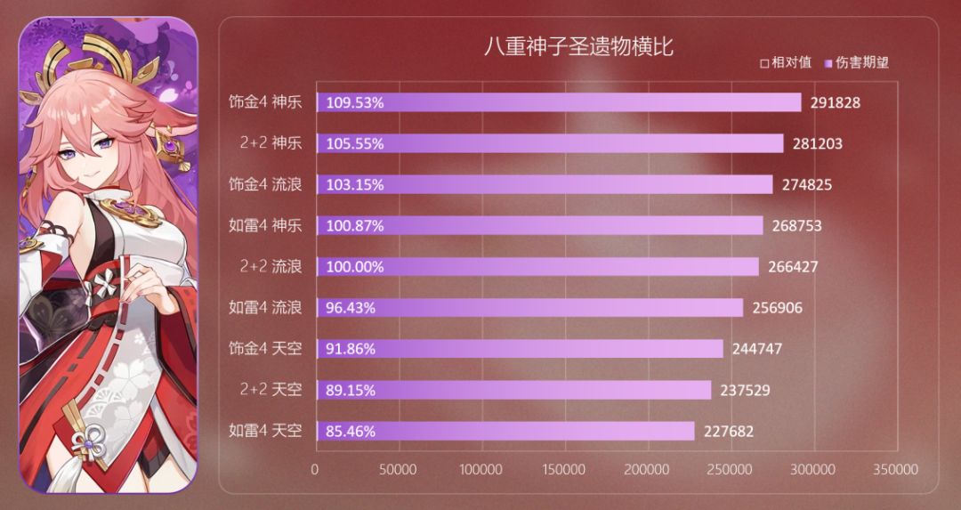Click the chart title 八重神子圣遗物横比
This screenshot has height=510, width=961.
pyautogui.click(x=578, y=47)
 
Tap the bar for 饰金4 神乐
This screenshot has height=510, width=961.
pyautogui.click(x=559, y=102)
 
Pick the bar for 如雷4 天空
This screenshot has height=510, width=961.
pyautogui.click(x=505, y=431)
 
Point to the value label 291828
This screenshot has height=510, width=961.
pyautogui.click(x=834, y=102)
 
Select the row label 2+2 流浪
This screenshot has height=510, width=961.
pyautogui.click(x=271, y=266)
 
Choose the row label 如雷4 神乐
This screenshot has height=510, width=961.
pyautogui.click(x=265, y=225)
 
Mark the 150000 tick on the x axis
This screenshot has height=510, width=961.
pyautogui.click(x=563, y=468)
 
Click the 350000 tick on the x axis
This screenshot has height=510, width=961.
pyautogui.click(x=894, y=468)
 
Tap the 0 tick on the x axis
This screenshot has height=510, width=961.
pyautogui.click(x=315, y=468)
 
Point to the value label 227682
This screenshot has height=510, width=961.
pyautogui.click(x=727, y=431)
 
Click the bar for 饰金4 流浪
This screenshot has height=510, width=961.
pyautogui.click(x=545, y=184)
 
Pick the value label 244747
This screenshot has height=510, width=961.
pyautogui.click(x=755, y=349)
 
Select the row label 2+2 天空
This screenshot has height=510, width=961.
pyautogui.click(x=271, y=390)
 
